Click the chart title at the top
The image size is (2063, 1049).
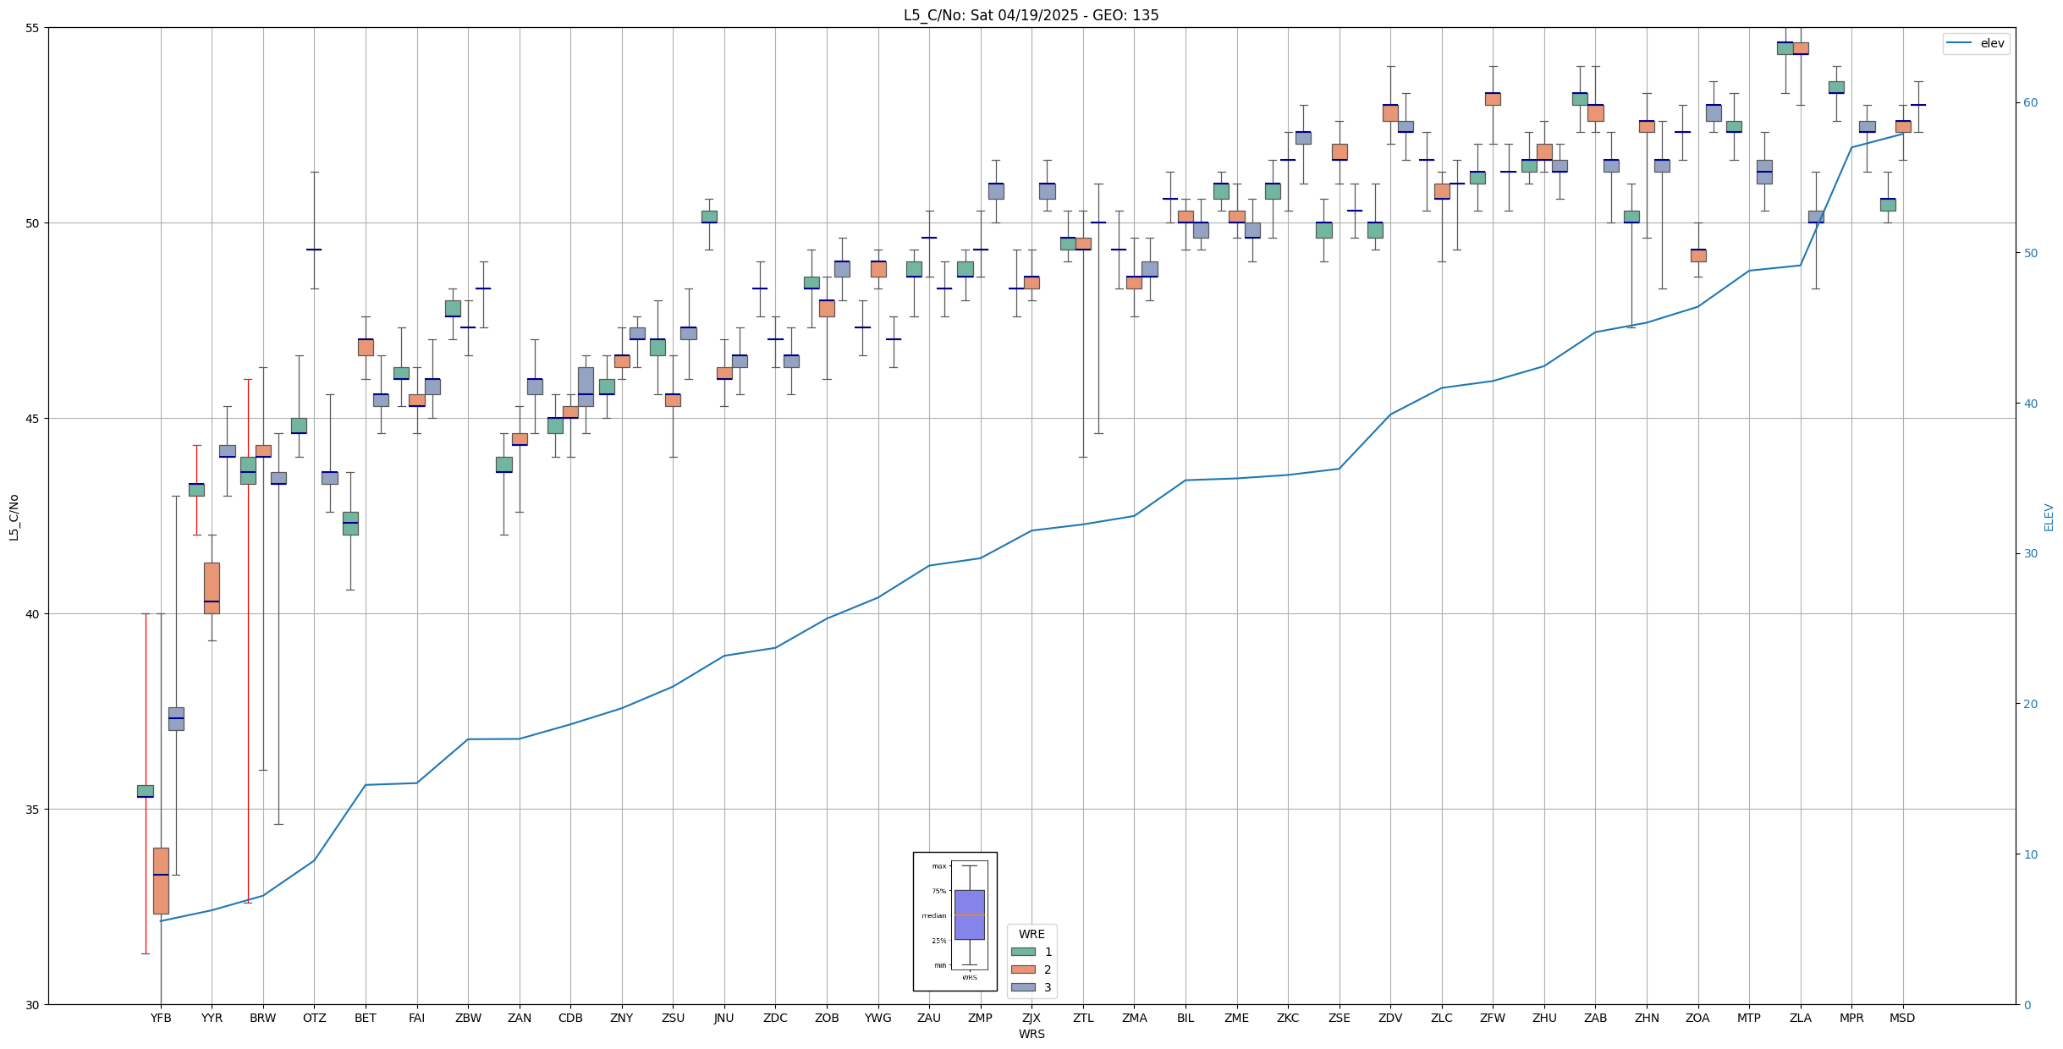point(1031,15)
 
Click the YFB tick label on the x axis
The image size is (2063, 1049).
point(161,1018)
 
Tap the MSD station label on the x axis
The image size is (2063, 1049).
point(1902,1018)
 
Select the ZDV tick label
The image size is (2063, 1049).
point(1390,1018)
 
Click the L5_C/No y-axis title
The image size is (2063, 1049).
point(14,516)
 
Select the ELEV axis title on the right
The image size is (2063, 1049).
point(2049,517)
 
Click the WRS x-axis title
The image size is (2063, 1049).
point(1031,1034)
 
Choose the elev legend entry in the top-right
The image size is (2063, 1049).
point(1976,44)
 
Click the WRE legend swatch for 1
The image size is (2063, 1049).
point(1023,952)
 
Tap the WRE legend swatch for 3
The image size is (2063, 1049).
point(1023,987)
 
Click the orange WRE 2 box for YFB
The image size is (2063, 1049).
point(161,880)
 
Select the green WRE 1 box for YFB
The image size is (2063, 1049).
point(146,791)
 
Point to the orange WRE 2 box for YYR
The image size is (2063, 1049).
point(212,587)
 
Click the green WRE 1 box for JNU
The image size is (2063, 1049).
point(709,217)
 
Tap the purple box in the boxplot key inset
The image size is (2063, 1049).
point(969,914)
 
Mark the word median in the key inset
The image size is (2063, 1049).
point(934,916)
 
